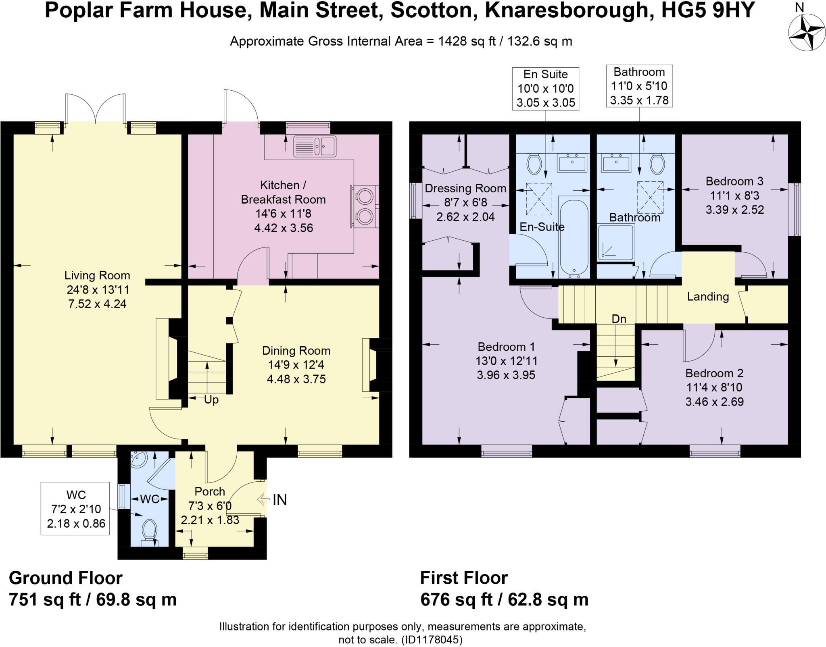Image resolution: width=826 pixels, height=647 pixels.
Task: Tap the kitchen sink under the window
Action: tap(315, 146)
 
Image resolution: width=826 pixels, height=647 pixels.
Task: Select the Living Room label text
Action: tap(97, 276)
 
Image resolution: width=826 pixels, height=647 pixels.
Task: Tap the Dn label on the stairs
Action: tap(619, 319)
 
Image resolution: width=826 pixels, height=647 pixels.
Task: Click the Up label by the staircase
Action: tap(211, 400)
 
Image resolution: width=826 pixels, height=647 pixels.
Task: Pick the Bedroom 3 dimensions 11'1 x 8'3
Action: tap(734, 196)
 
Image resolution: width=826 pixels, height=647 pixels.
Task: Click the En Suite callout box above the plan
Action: tap(545, 88)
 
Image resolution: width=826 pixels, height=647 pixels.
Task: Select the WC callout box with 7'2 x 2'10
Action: tap(75, 509)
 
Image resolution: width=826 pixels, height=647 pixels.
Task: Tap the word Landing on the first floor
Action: tap(708, 297)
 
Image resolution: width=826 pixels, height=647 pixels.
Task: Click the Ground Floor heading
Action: tap(65, 578)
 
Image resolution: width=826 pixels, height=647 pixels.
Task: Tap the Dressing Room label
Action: tap(465, 188)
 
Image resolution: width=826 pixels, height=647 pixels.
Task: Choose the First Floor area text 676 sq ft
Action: tap(457, 600)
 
